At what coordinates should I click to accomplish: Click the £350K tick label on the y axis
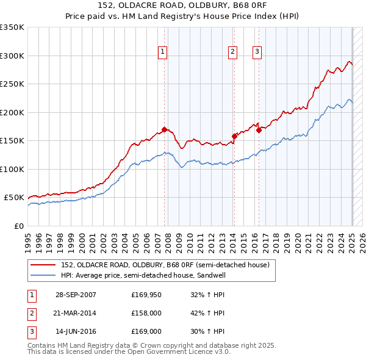[x=12, y=27]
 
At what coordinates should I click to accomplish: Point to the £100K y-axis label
[x=12, y=169]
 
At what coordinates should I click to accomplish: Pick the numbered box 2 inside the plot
[x=233, y=52]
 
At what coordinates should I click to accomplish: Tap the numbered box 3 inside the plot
[x=257, y=52]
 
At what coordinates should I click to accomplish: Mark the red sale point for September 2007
[x=165, y=129]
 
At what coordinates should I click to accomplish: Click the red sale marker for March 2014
[x=234, y=136]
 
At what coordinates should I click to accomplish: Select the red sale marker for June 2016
[x=259, y=130]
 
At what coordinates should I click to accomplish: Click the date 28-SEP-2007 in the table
[x=75, y=295]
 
